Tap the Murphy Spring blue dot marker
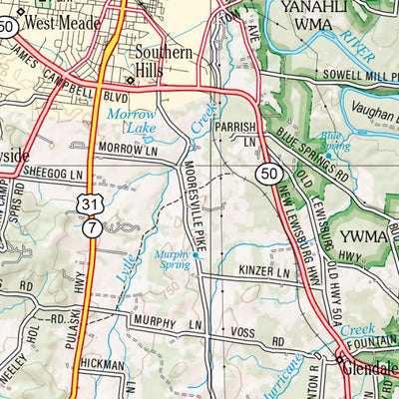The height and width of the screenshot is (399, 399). [196, 255]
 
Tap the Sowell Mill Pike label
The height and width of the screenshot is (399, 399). [347, 75]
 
